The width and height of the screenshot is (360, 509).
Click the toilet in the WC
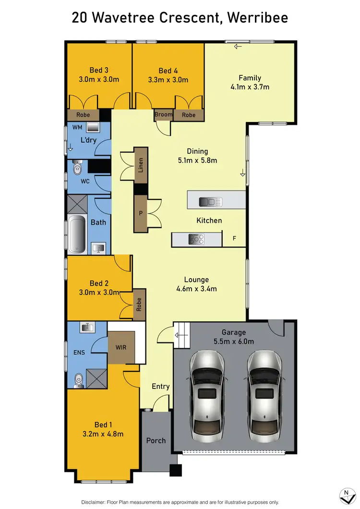[77, 169]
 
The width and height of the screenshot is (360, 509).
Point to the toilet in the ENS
[78, 379]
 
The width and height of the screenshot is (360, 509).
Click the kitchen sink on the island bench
[210, 202]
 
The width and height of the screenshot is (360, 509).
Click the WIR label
[121, 347]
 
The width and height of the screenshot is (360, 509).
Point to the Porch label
[156, 440]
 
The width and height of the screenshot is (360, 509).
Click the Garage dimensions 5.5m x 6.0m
[234, 341]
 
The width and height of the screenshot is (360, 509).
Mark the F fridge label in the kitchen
[234, 239]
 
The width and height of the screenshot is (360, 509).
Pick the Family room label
[250, 78]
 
